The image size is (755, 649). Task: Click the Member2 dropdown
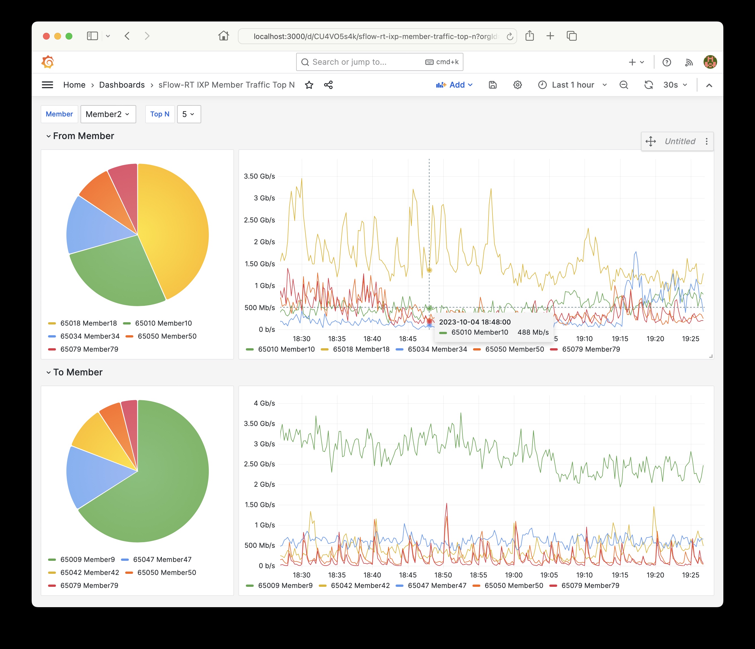pos(108,114)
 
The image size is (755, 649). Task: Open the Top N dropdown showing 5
pos(189,114)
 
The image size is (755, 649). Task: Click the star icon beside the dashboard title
pos(309,85)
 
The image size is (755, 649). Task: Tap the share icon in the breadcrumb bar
pos(328,85)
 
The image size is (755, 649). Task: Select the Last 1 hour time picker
pos(572,85)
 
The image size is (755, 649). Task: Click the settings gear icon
pos(517,85)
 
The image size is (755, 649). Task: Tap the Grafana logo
pos(48,62)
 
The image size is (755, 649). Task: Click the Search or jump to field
pos(365,62)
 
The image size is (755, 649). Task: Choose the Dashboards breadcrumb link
pos(122,85)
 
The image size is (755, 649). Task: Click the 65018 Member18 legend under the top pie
pos(88,323)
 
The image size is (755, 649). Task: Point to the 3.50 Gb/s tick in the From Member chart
pos(259,176)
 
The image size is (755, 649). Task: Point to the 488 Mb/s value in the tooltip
pos(533,332)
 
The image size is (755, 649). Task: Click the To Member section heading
pos(78,372)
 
